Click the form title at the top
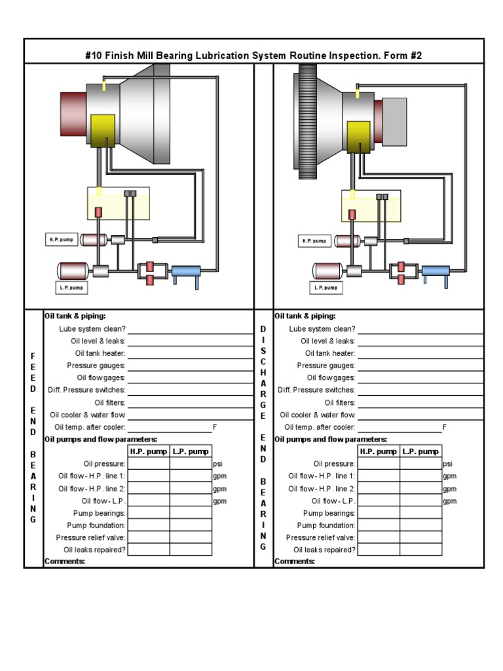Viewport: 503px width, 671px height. (253, 55)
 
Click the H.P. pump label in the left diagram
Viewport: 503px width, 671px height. (61, 240)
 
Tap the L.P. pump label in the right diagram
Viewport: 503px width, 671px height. (326, 287)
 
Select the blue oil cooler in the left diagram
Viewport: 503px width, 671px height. (185, 271)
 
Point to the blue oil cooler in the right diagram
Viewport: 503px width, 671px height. (436, 271)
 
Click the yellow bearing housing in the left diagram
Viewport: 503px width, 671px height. (103, 130)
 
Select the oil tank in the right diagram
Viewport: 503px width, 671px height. (371, 206)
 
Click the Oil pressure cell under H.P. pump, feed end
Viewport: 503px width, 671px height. (149, 464)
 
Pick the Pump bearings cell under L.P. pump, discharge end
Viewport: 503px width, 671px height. (420, 513)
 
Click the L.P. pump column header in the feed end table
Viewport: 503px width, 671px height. (191, 451)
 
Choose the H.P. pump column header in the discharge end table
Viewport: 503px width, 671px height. (379, 451)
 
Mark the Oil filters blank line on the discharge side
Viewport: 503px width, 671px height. (420, 404)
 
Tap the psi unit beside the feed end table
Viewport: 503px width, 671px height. (218, 464)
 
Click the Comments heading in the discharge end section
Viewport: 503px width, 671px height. (295, 562)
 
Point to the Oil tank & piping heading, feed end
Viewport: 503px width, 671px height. (75, 316)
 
